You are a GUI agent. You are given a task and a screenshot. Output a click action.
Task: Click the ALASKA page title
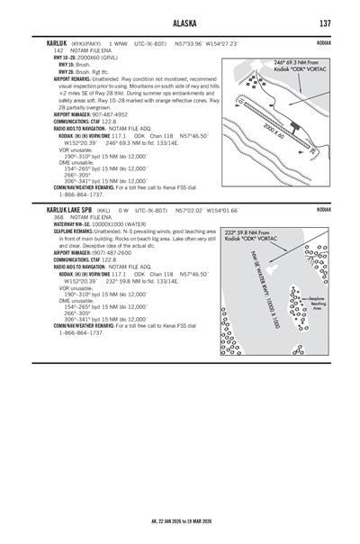point(180,23)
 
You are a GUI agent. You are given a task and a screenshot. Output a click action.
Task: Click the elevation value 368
point(58,217)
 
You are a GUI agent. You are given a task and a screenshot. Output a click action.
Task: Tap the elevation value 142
point(58,50)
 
